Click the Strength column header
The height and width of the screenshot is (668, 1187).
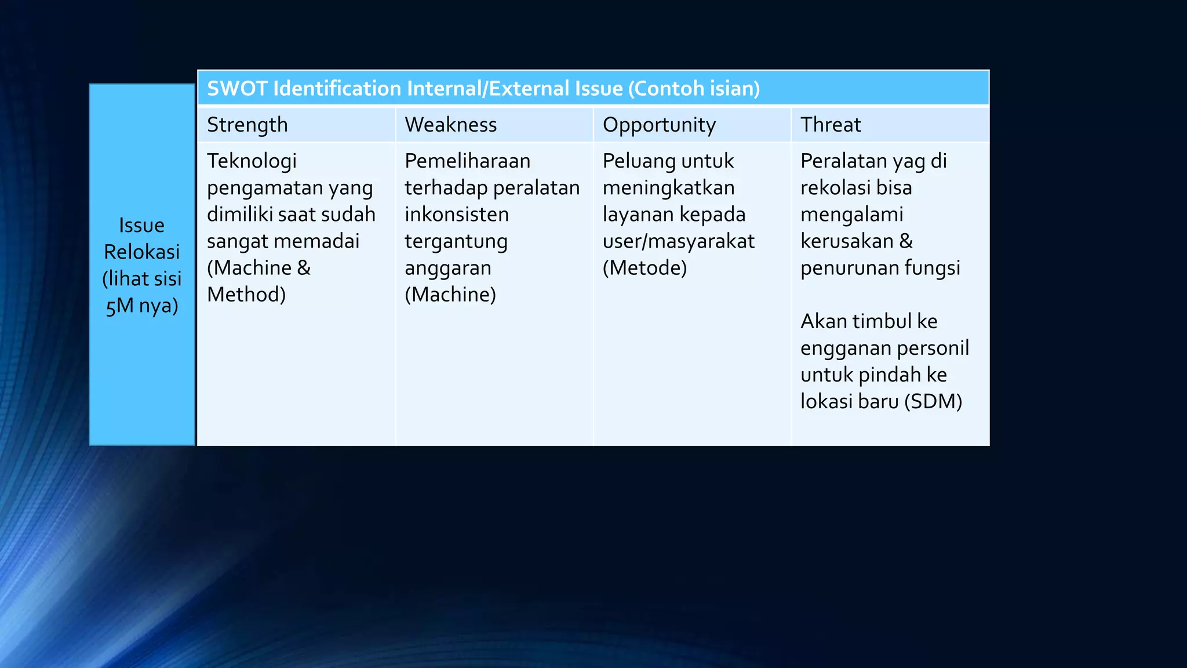coord(247,125)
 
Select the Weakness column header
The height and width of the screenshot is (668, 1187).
coord(451,125)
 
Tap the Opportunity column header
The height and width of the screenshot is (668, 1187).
coord(659,125)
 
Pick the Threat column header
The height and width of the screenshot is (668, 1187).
coord(831,125)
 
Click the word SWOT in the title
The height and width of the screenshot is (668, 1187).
coord(237,89)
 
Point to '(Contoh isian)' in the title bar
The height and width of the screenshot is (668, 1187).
coord(694,89)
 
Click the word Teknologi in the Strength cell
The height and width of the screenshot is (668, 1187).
coord(252,161)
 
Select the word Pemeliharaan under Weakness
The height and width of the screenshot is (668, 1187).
coord(467,161)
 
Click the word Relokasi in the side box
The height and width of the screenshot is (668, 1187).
coord(141,252)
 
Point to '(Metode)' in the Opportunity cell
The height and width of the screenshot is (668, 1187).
coord(645,268)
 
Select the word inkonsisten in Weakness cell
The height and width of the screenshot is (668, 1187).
coord(457,215)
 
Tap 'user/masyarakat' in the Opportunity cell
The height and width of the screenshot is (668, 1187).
coord(678,241)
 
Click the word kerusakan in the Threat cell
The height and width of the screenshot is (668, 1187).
coord(847,241)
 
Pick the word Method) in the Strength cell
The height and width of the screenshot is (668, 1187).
coord(246,295)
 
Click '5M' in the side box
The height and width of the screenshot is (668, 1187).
coord(119,306)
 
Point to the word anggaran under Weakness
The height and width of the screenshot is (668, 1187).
coord(447,268)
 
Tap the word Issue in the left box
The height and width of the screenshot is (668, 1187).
coord(141,225)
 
